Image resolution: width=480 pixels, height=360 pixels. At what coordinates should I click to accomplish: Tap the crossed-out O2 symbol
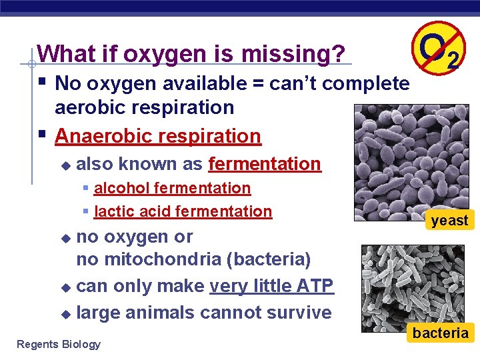point(437,49)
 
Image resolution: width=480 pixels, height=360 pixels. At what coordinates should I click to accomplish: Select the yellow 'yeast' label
point(449,221)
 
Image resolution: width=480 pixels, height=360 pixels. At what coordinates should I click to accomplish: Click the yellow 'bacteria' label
point(440,333)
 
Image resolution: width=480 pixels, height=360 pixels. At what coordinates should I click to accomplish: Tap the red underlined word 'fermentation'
point(265,163)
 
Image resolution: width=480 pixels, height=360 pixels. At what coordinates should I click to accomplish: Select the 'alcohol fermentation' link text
point(172,189)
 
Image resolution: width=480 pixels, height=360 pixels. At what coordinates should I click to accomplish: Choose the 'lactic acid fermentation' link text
point(183,212)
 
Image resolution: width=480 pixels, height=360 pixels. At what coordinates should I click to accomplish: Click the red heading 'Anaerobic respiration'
point(158,136)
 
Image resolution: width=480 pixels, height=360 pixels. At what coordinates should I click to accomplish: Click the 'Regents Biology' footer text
point(59,344)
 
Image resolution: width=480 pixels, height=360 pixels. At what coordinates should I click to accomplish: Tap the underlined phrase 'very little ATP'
point(271,286)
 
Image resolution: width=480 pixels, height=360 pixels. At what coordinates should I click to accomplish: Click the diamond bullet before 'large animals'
point(65,313)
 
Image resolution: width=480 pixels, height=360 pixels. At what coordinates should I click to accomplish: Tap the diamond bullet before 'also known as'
point(65,165)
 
